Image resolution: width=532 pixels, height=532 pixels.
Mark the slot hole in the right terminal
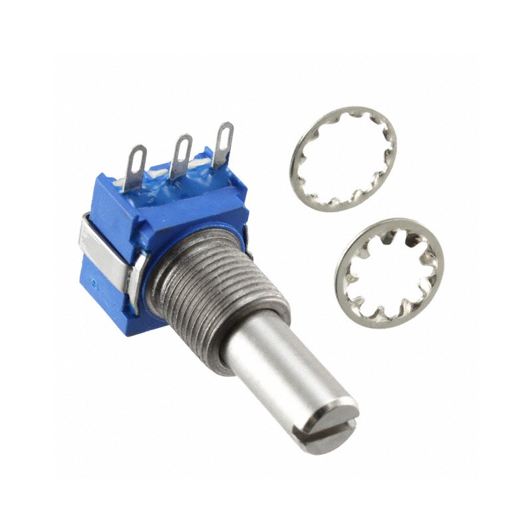tap(225, 132)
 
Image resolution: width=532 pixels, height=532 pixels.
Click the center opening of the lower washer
tap(390, 273)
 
